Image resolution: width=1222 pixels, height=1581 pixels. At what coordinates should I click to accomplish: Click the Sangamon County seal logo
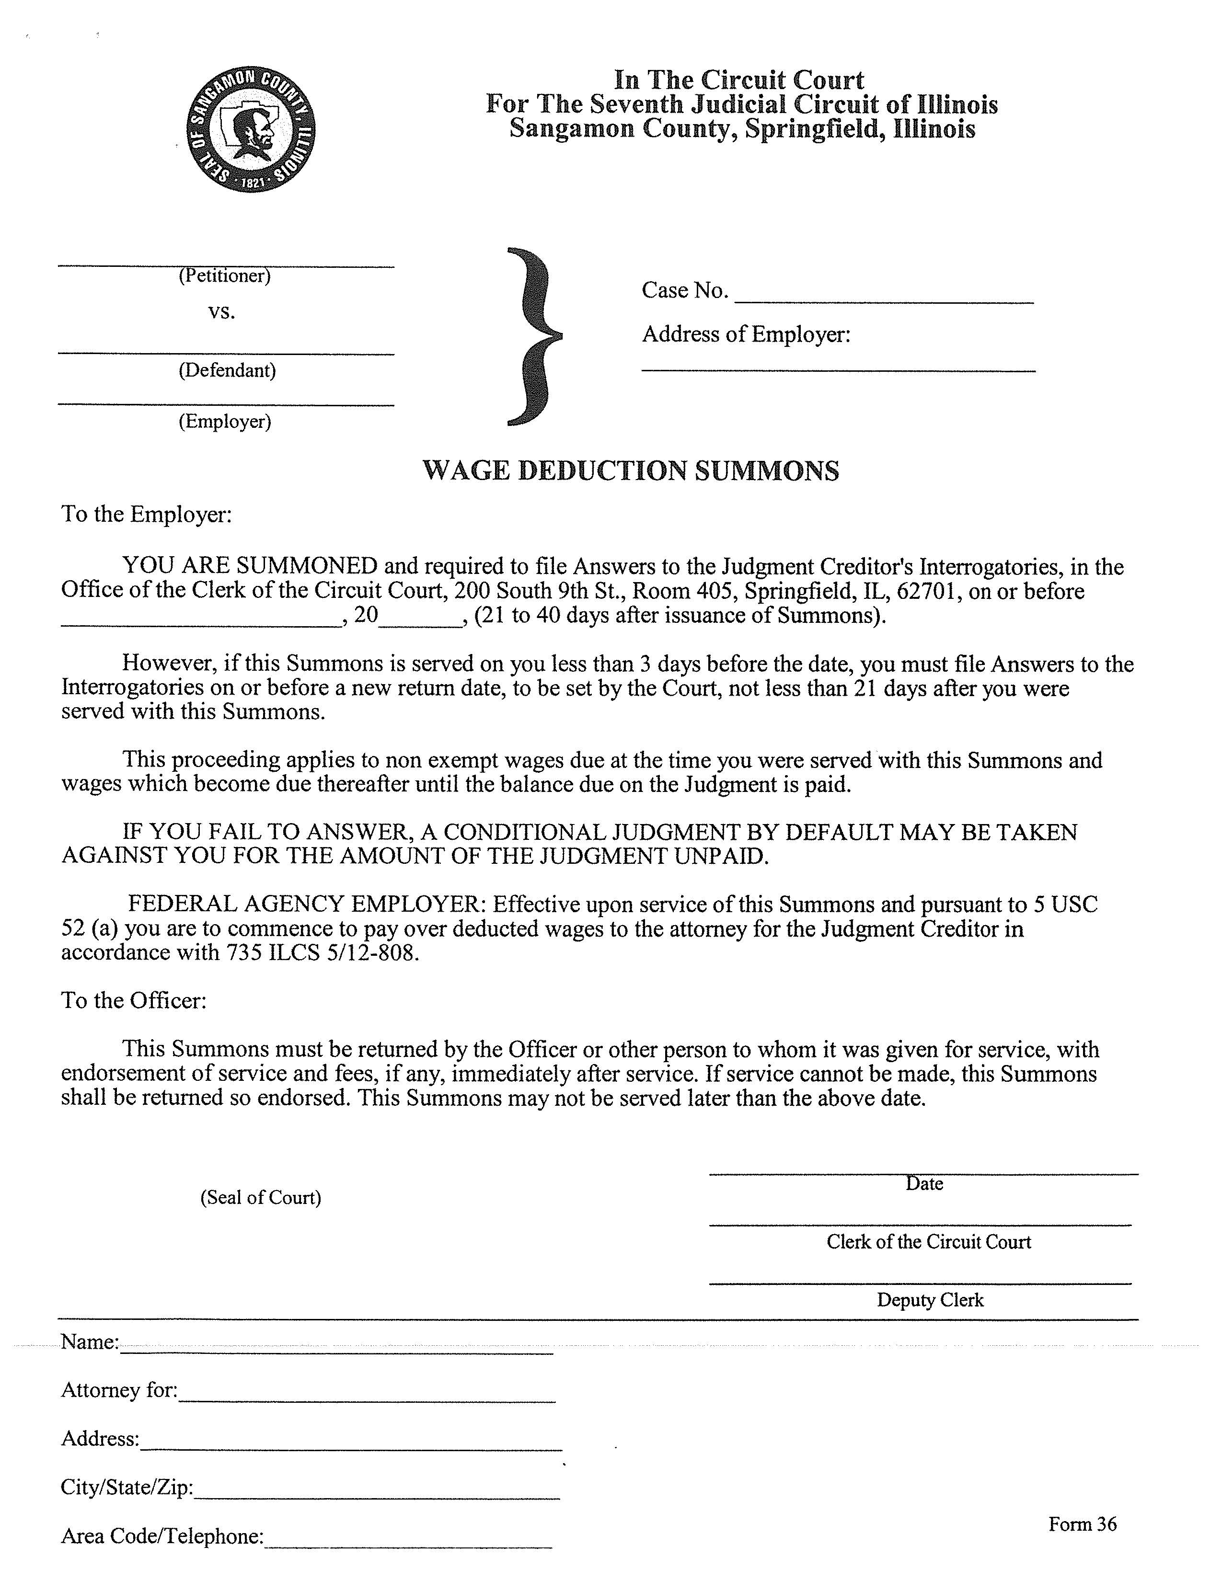click(x=251, y=131)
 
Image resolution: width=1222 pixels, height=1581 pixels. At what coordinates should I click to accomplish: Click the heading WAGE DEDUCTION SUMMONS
click(x=631, y=470)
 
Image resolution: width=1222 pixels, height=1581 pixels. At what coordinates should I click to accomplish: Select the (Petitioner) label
click(x=224, y=276)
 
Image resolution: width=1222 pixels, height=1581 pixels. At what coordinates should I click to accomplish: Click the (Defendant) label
click(x=227, y=371)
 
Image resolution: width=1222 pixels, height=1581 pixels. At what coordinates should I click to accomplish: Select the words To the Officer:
click(x=134, y=1000)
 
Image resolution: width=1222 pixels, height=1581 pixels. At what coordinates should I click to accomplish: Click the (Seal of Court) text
click(x=261, y=1197)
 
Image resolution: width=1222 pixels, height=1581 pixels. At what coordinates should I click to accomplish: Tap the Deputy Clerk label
click(x=930, y=1300)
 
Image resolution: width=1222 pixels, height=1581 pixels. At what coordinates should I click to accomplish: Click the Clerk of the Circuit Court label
click(x=929, y=1242)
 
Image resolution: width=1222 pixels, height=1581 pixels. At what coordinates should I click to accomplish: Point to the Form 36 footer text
click(x=1082, y=1524)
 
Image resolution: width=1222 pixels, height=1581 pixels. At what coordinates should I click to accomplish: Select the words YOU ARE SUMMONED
click(x=250, y=566)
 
